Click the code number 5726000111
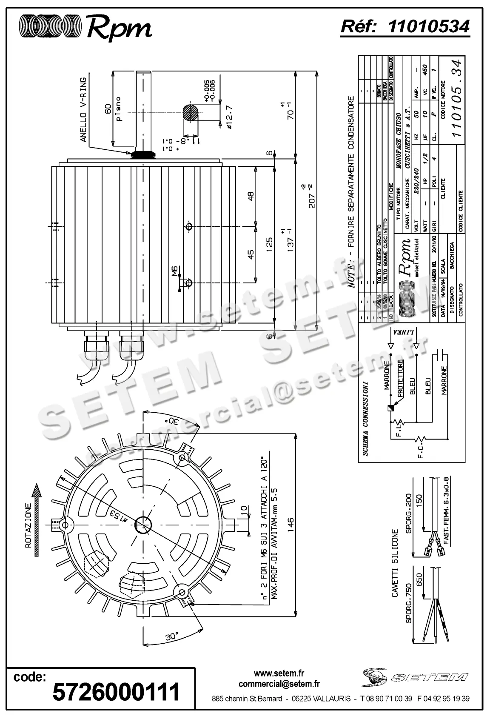116,691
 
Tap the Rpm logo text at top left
119,28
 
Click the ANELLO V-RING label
83,109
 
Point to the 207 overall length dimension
312,196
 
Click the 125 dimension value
269,245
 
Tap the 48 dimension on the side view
251,196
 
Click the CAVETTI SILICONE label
394,563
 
